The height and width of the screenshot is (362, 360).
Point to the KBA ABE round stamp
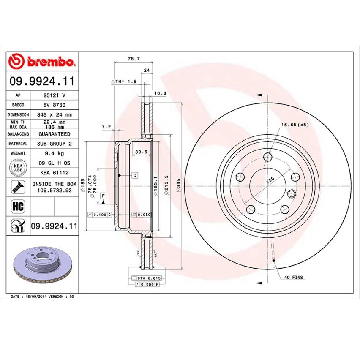click(18, 168)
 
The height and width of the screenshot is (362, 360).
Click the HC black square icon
click(18, 207)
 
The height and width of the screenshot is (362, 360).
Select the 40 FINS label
click(293, 278)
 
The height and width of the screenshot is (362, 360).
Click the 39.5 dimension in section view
click(140, 152)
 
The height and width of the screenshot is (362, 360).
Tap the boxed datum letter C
click(134, 175)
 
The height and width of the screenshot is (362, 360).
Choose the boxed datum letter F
click(103, 195)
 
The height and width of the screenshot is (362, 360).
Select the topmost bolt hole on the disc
click(267, 158)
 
